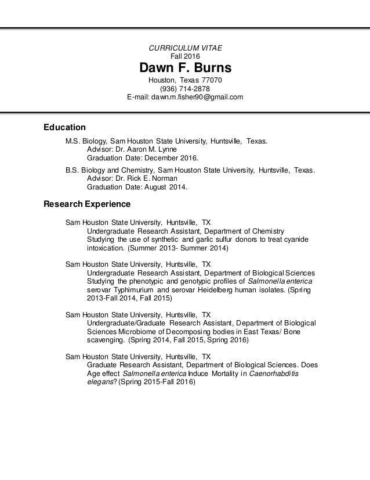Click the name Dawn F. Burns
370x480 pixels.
pyautogui.click(x=185, y=68)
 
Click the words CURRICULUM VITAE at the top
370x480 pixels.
pyautogui.click(x=185, y=48)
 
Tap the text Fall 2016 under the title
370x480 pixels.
pyautogui.click(x=185, y=56)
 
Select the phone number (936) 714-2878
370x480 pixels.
pyautogui.click(x=185, y=88)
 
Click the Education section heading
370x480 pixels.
pyautogui.click(x=65, y=127)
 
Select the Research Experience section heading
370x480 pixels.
pyautogui.click(x=87, y=204)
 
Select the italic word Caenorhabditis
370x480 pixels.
pyautogui.click(x=274, y=374)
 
